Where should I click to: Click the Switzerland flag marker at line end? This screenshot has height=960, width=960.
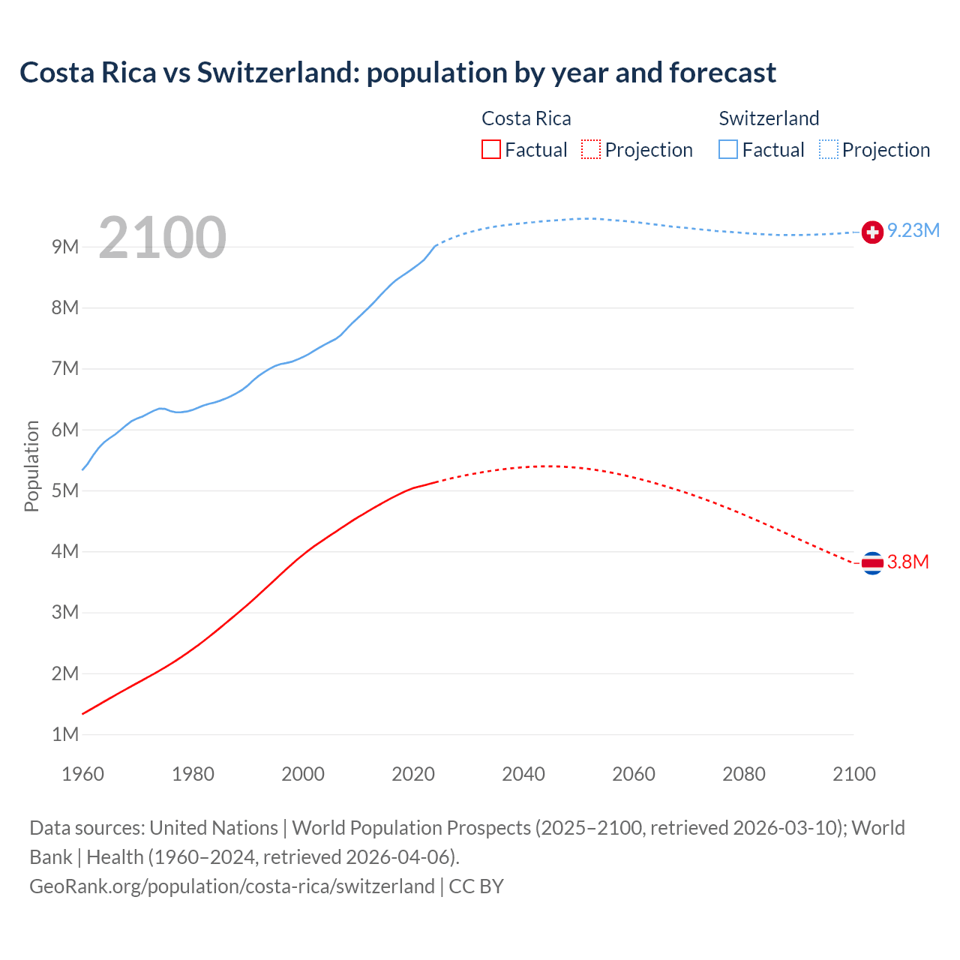(871, 232)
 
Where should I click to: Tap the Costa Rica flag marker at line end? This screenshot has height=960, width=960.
(871, 562)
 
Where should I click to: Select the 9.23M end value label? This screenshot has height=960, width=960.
(913, 230)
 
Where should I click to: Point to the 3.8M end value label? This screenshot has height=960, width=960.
(908, 562)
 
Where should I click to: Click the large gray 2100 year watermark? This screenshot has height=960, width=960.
(162, 238)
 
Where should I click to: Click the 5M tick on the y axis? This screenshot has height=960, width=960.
(65, 490)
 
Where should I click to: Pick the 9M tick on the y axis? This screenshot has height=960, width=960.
(65, 247)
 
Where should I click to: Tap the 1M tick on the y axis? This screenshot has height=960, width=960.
(65, 734)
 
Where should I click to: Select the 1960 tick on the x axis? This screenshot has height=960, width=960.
(83, 774)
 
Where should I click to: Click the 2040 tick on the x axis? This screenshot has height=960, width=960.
(523, 774)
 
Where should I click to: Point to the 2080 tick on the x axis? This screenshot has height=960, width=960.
(744, 774)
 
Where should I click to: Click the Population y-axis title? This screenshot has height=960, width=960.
(31, 466)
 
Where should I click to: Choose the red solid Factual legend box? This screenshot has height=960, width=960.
(491, 149)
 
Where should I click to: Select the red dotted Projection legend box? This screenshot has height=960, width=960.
(591, 149)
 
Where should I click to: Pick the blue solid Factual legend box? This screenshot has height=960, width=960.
(728, 149)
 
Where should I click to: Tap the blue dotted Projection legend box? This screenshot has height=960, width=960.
(828, 149)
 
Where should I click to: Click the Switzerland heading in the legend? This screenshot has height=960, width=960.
(769, 118)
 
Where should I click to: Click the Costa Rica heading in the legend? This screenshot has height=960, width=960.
(526, 118)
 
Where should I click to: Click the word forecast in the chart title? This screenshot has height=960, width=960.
(723, 73)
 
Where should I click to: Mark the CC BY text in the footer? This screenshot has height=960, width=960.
(476, 886)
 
